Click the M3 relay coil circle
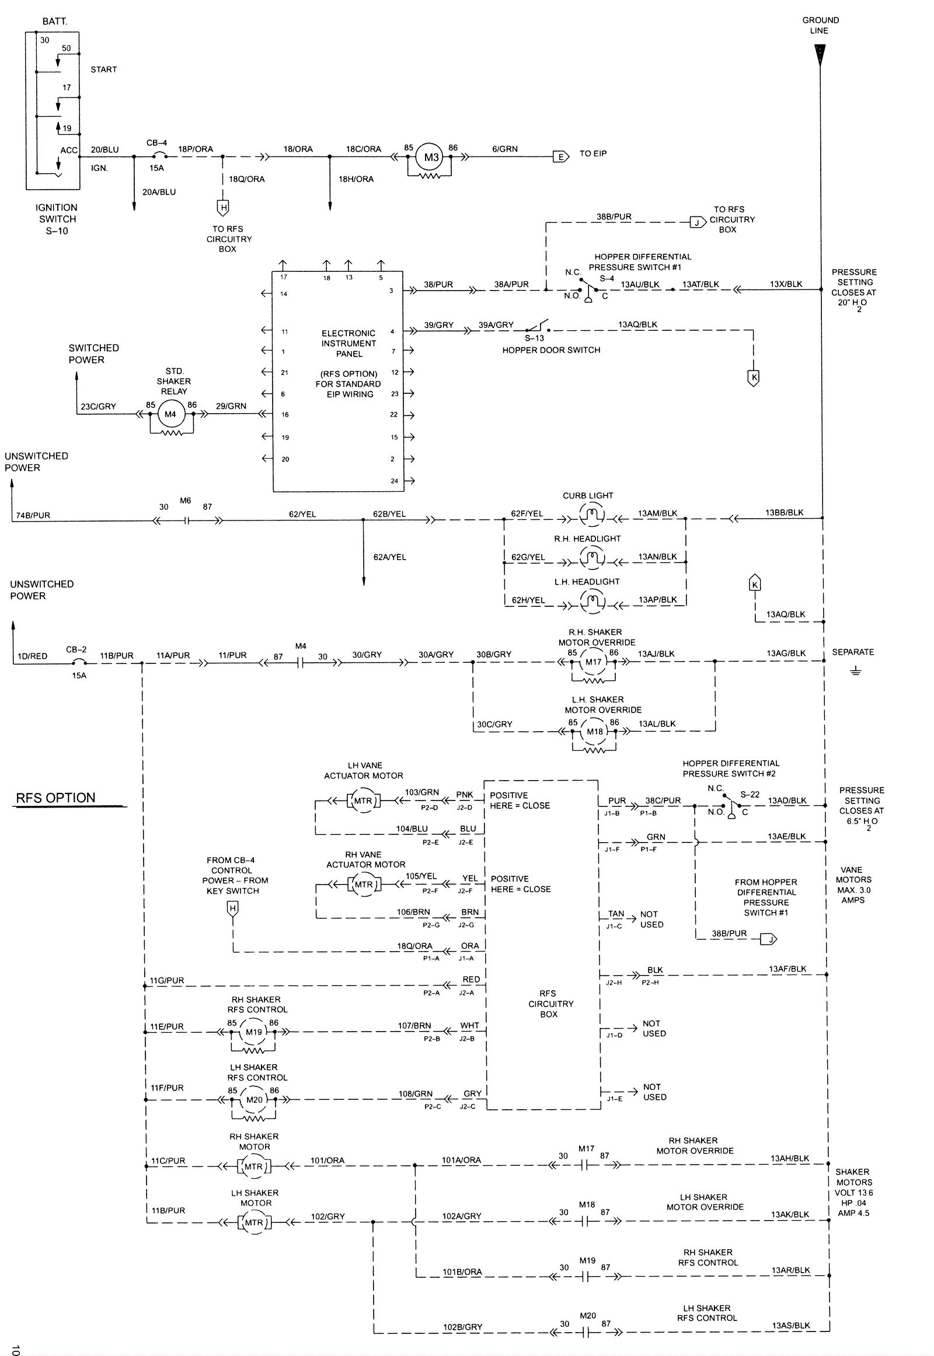431,157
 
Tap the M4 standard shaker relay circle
170,414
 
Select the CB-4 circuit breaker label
156,143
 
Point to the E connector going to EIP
560,156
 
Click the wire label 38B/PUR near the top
614,216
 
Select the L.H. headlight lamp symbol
592,602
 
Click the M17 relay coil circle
594,662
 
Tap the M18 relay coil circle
595,731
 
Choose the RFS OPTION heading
55,798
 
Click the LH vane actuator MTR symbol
363,801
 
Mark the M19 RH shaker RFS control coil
254,1032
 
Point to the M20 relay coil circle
255,1099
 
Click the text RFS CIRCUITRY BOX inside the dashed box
550,1003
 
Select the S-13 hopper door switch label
534,338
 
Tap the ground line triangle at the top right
820,55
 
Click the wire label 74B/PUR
33,515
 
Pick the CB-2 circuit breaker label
76,649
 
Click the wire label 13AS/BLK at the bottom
791,1326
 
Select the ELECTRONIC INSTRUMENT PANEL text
348,344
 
